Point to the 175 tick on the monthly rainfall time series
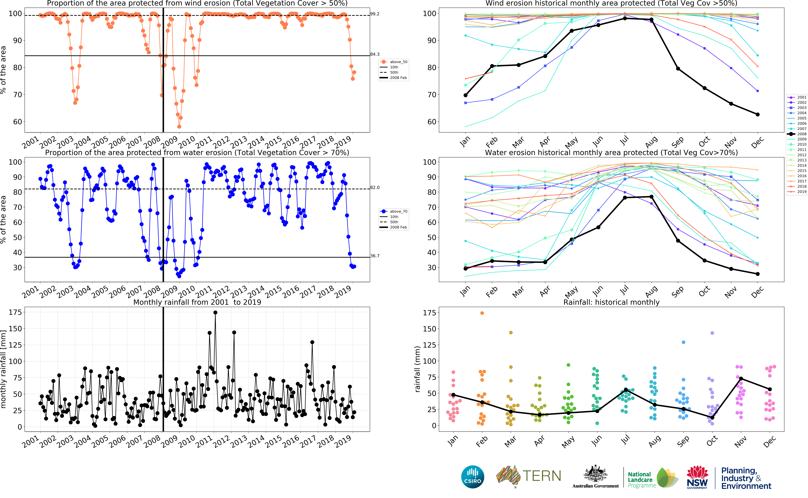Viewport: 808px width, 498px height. pyautogui.click(x=15, y=312)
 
